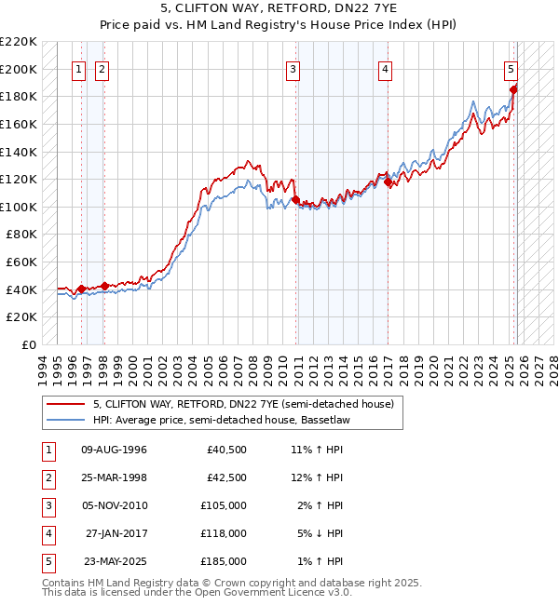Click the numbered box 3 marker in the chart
293,68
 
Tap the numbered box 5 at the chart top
511,68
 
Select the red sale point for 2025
513,89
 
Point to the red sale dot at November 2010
295,199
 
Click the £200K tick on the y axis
19,69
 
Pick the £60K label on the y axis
22,262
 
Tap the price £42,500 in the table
226,477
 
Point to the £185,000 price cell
224,561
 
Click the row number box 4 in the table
47,533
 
